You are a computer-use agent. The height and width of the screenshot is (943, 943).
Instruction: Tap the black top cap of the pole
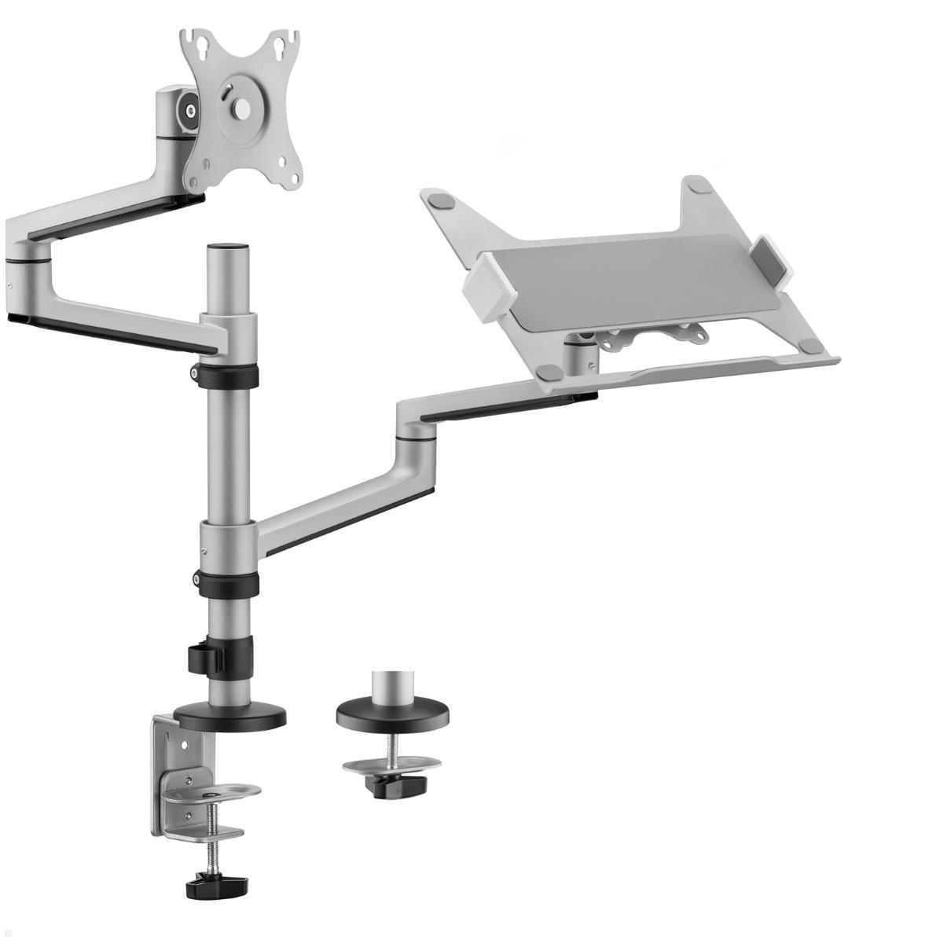228,248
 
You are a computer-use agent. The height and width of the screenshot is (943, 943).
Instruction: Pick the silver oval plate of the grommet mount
391,764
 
